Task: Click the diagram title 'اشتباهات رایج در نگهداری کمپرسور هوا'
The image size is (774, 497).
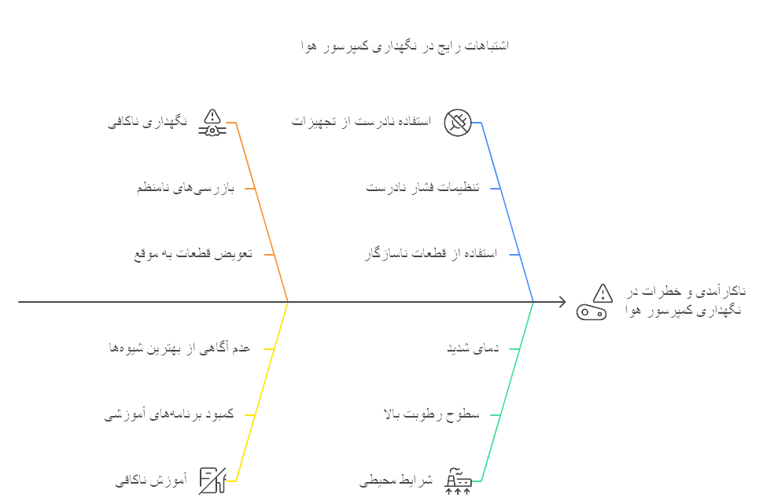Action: click(x=405, y=46)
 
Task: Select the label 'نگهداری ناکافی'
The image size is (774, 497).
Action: click(x=148, y=121)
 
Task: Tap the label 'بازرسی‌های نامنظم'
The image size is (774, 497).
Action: click(x=185, y=188)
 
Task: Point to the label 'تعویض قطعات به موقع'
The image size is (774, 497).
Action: click(x=193, y=254)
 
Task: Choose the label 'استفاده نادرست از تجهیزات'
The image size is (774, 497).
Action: click(x=361, y=121)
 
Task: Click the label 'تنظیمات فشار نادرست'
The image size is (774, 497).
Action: click(x=422, y=187)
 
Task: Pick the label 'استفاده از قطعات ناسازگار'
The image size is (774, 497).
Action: click(x=430, y=254)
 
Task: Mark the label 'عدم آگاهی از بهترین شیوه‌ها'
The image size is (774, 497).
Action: click(x=179, y=348)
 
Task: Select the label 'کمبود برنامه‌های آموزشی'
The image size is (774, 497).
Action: click(x=169, y=414)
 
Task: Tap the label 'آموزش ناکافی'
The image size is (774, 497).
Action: click(x=151, y=480)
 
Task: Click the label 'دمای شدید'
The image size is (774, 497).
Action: click(x=473, y=348)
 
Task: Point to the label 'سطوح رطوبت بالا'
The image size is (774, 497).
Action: click(x=431, y=414)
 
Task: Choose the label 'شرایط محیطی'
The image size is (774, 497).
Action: click(x=396, y=480)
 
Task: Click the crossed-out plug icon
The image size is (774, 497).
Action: click(x=458, y=123)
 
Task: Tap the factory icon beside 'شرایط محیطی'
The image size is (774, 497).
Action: click(x=458, y=480)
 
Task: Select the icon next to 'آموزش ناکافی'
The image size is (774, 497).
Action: click(x=212, y=480)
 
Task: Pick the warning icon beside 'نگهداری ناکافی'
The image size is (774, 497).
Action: click(x=212, y=123)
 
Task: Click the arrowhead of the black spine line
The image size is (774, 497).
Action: click(x=562, y=301)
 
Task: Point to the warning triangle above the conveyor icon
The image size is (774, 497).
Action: click(x=603, y=293)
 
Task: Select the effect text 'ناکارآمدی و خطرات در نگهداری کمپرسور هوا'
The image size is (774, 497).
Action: click(x=686, y=300)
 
